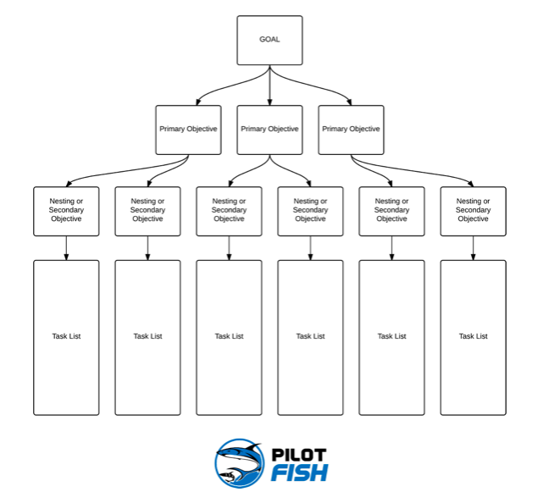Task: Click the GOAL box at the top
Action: pos(269,40)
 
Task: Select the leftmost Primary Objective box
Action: pos(188,130)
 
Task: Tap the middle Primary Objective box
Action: pos(269,130)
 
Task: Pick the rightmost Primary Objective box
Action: pos(351,130)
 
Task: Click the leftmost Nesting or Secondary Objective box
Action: pos(66,211)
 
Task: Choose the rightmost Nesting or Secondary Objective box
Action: pos(473,211)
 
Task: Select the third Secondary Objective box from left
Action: pos(229,211)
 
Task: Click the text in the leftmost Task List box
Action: pos(66,336)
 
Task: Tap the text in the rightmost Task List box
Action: pos(473,336)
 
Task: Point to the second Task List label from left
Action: pos(147,336)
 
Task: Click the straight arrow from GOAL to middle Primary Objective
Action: pos(269,85)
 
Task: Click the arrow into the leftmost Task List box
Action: pos(66,247)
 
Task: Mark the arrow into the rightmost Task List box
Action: pos(473,247)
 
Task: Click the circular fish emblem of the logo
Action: pos(240,463)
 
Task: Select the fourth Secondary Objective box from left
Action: pos(310,211)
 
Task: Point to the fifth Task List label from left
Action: pos(391,336)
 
